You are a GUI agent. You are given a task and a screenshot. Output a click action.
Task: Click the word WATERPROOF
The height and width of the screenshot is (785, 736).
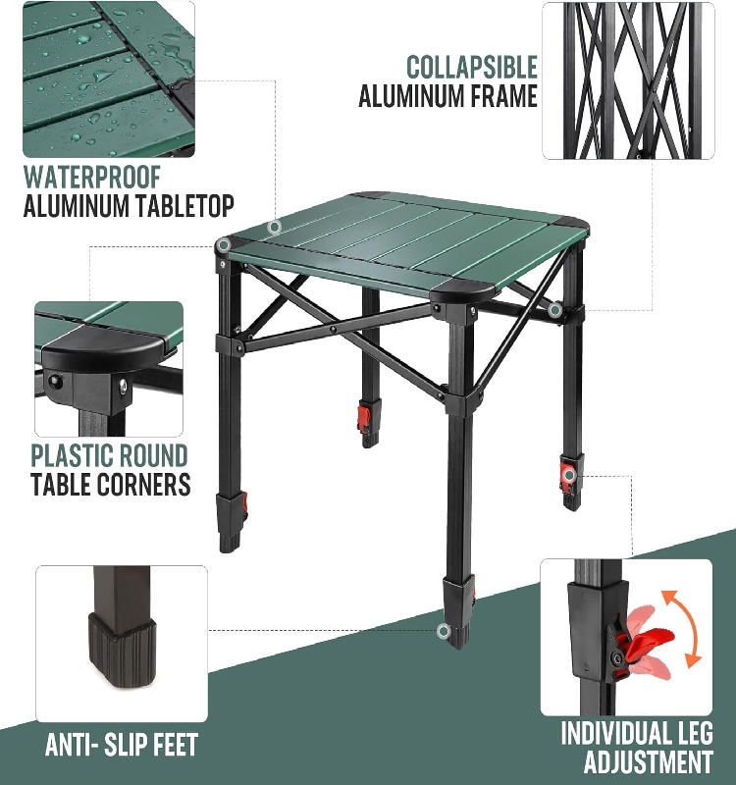coord(91,178)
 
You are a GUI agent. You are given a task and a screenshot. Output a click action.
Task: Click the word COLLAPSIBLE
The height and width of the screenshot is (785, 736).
coord(472,67)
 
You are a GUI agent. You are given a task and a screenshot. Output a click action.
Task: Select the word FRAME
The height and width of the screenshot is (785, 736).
coord(501,96)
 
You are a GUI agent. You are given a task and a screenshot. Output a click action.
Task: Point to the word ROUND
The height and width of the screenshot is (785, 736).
coord(146,455)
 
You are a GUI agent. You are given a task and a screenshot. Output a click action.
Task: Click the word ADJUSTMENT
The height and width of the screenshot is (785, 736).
coord(649,761)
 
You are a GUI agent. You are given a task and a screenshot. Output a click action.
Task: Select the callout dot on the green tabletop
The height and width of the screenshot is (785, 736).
coord(275,228)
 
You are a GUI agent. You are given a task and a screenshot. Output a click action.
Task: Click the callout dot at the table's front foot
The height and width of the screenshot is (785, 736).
coord(444,630)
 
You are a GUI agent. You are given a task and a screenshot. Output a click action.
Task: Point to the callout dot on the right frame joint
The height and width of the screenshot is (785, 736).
coord(554,311)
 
